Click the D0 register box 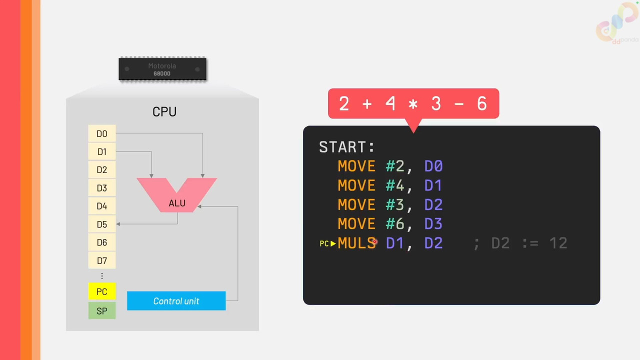tap(102, 133)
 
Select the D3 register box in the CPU tap(102, 187)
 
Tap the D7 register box tap(102, 260)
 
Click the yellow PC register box tap(102, 291)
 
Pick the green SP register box tap(102, 310)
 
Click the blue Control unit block tap(176, 301)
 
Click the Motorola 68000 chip tap(162, 69)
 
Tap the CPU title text tap(164, 111)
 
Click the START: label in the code tap(346, 147)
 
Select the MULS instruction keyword tap(357, 243)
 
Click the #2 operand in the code tap(395, 166)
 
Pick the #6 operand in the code tap(395, 223)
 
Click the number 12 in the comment tap(558, 243)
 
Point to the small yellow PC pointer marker tap(327, 243)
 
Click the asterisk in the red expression tap(413, 104)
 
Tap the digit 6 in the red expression tap(481, 103)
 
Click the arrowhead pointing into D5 tap(118, 224)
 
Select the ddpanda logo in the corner tap(617, 23)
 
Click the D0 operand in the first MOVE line tap(433, 166)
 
